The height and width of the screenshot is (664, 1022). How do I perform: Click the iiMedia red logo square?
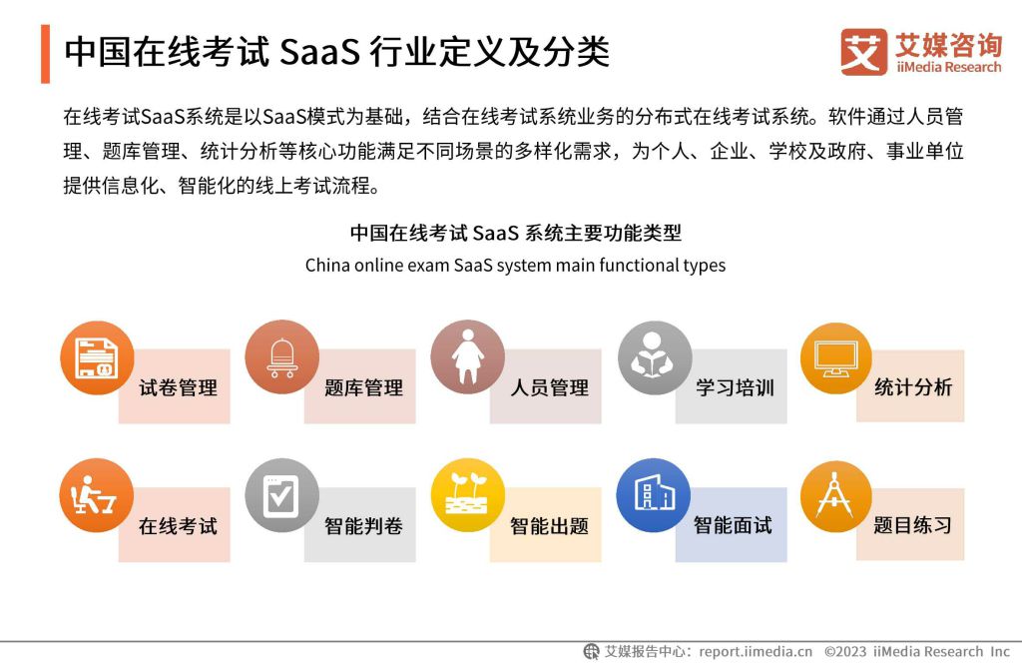click(863, 52)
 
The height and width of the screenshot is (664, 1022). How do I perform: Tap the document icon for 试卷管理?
click(97, 357)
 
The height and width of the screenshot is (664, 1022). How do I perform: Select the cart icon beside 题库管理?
click(281, 357)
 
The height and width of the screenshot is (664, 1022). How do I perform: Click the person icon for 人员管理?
click(467, 356)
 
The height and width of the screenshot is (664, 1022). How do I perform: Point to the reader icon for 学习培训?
click(654, 357)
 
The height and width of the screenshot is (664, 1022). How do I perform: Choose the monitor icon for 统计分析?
click(835, 358)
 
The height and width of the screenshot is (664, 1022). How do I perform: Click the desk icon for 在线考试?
click(97, 495)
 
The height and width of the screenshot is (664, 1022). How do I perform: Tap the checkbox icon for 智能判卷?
click(281, 495)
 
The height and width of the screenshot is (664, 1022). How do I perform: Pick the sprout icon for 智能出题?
click(467, 495)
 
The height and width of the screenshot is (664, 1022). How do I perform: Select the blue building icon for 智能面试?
click(654, 495)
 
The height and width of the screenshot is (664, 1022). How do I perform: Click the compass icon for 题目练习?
click(835, 496)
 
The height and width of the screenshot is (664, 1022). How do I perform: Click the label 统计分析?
click(912, 386)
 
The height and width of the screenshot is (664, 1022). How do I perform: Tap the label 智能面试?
click(732, 525)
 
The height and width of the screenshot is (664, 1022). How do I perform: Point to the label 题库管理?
click(363, 387)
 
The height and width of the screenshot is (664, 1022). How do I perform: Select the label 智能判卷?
click(363, 526)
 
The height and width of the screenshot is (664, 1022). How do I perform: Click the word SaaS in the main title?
click(319, 52)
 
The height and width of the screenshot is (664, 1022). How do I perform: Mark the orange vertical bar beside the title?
click(45, 54)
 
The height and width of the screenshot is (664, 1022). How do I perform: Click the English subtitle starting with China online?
click(515, 266)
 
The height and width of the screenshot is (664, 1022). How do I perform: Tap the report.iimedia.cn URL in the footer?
click(756, 651)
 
